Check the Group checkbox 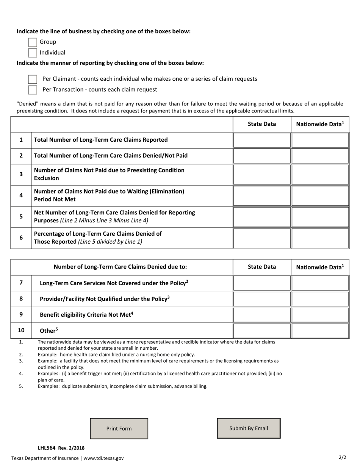click(33, 42)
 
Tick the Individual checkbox click(33, 53)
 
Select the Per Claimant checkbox click(33, 79)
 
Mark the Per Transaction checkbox click(33, 90)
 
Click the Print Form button click(119, 428)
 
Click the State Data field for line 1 click(261, 140)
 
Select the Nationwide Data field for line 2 click(320, 156)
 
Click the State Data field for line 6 click(261, 238)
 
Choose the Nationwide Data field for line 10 click(320, 331)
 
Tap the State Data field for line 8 click(261, 299)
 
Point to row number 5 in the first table click(21, 217)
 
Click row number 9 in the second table click(21, 314)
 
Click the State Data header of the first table click(262, 124)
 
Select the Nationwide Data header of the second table click(320, 267)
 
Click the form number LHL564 click(47, 448)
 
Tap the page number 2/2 click(342, 457)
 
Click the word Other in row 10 click(47, 331)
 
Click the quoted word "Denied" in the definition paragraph click(27, 104)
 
